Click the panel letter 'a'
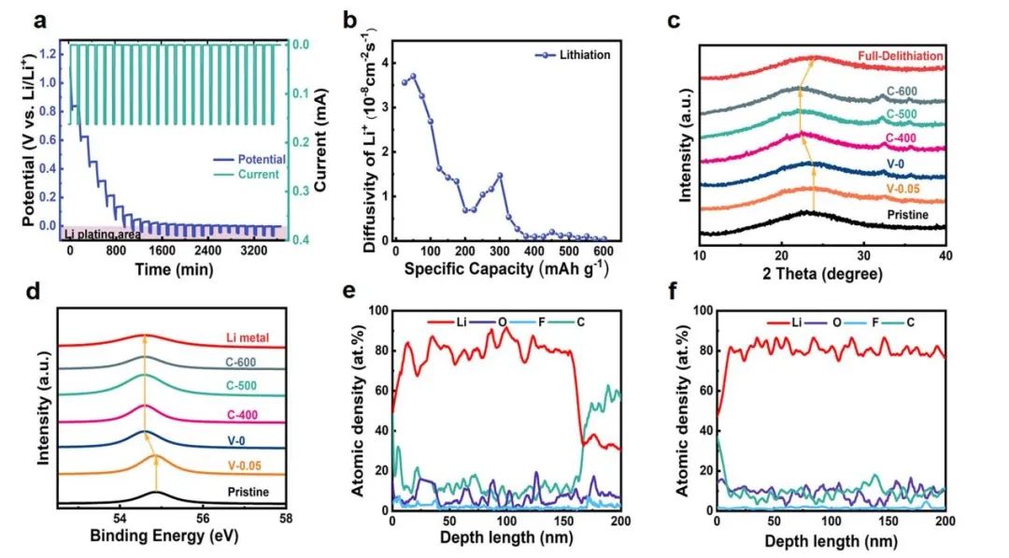click(x=40, y=21)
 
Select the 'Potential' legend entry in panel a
click(x=249, y=159)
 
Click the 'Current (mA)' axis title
click(x=320, y=140)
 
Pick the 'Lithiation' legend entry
click(x=573, y=55)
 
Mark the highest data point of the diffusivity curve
click(x=413, y=77)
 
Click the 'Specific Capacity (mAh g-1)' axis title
click(x=506, y=267)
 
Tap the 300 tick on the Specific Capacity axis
click(x=500, y=251)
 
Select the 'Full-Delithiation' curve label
click(x=901, y=56)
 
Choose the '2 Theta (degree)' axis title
click(x=822, y=274)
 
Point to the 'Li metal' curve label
click(x=247, y=337)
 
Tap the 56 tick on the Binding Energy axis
click(x=203, y=518)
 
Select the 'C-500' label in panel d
click(x=242, y=386)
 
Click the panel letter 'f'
click(x=674, y=293)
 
